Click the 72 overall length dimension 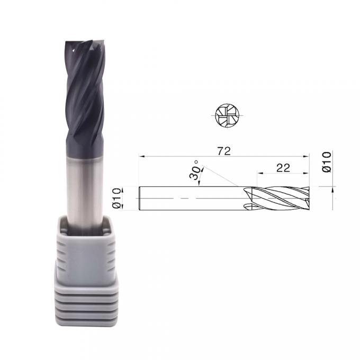coord(224,151)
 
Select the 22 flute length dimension coord(283,168)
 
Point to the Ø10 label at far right coord(327,161)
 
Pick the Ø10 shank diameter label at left coord(116,198)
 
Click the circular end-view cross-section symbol coord(227,115)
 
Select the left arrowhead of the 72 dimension coord(142,157)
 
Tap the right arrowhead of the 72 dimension coord(307,157)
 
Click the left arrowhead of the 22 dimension coord(260,173)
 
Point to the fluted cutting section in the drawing coord(277,198)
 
